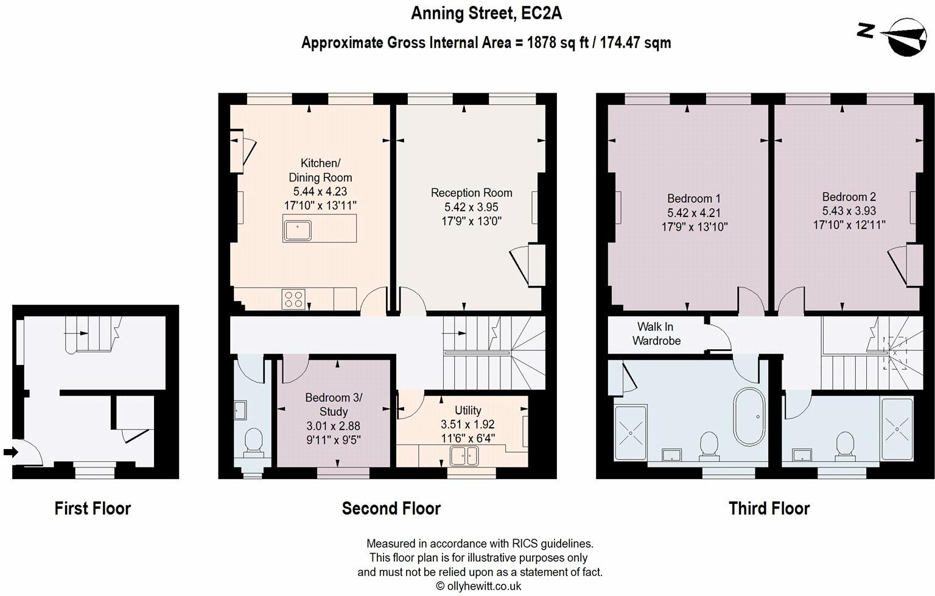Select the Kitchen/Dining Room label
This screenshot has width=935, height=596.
click(320, 170)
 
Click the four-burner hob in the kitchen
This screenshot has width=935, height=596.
click(293, 299)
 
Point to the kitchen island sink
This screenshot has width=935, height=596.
click(297, 230)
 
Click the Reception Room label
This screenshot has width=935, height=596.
click(471, 193)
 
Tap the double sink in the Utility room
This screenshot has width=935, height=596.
click(464, 455)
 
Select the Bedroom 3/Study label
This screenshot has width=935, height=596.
click(334, 405)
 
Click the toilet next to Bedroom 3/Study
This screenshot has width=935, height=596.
click(253, 442)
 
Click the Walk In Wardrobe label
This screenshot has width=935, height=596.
click(656, 334)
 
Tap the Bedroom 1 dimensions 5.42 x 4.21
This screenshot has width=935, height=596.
click(694, 213)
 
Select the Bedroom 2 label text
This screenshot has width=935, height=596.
click(849, 197)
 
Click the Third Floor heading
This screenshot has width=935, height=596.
click(769, 508)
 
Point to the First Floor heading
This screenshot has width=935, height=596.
click(93, 508)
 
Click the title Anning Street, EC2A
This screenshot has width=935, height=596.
click(486, 13)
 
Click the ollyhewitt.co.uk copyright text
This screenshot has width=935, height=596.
click(478, 586)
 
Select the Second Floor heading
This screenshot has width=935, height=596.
click(391, 508)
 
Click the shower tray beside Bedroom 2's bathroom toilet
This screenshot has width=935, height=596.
click(896, 429)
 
